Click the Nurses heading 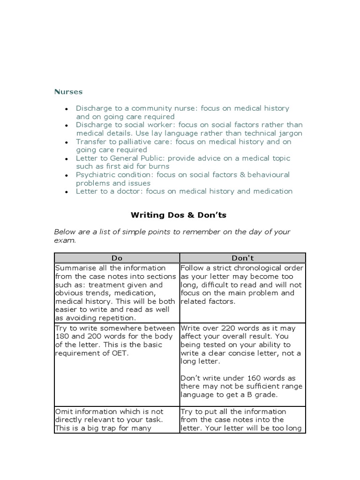click(68, 92)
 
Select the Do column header click(117, 258)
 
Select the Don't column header click(242, 258)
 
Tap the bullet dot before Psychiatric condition click(67, 175)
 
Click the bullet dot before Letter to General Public click(67, 159)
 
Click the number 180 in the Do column click(62, 337)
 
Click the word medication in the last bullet click(270, 191)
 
